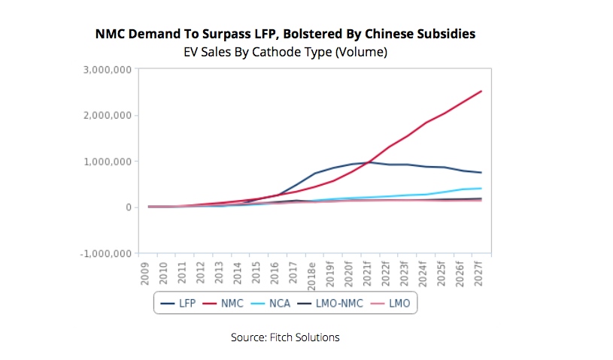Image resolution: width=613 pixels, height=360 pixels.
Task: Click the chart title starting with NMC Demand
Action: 285,35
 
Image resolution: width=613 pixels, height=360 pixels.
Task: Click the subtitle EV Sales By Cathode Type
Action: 285,52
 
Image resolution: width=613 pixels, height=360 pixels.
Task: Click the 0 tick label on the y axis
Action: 129,207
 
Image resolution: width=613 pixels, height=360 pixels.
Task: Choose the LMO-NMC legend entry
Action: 335,304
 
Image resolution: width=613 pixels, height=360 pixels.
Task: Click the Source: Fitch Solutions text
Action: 285,337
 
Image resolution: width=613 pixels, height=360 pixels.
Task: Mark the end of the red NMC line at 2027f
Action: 481,92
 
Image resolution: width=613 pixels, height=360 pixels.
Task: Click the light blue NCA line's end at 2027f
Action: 481,189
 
